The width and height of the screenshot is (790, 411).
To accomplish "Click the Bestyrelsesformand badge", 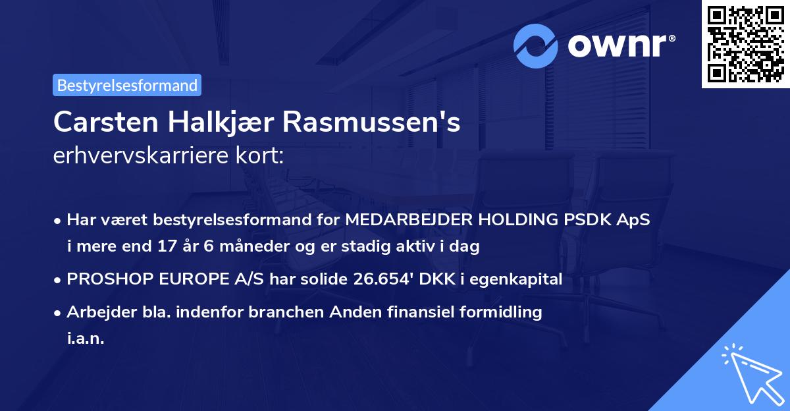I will click(127, 85).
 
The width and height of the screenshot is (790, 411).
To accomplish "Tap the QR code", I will click(745, 44).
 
